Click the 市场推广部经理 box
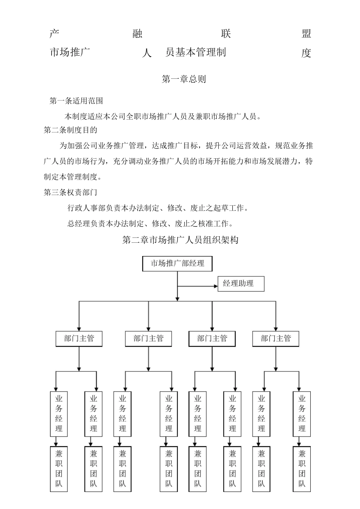[x=177, y=264]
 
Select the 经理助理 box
[x=241, y=284]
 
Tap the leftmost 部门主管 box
[x=79, y=339]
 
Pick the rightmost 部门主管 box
[x=275, y=339]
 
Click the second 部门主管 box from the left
[x=148, y=339]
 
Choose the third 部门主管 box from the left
[x=212, y=339]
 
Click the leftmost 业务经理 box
[x=59, y=414]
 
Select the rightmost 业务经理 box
[x=302, y=414]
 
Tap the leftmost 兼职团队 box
[x=59, y=469]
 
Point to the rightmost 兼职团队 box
[x=302, y=469]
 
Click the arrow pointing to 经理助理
[x=212, y=286]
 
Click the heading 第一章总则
[x=184, y=79]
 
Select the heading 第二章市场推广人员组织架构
[x=180, y=240]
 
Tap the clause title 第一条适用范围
[x=76, y=101]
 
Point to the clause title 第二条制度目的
[x=70, y=130]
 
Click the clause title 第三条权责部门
[x=70, y=192]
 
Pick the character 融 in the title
[x=138, y=34]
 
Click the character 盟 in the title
[x=306, y=34]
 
